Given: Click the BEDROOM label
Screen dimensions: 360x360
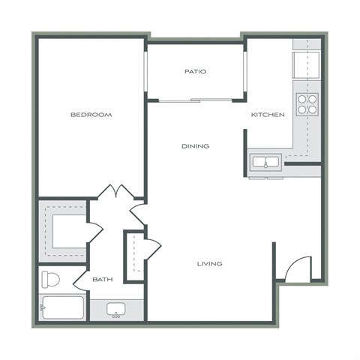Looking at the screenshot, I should pos(91,115).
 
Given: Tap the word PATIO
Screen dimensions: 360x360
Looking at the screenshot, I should pos(195,72).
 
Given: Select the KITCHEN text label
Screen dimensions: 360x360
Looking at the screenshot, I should pos(268,115).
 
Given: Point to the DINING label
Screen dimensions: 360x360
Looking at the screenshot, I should pos(195,146).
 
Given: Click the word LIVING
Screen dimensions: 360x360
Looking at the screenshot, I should pos(209,263).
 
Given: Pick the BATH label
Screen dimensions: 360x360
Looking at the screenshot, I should pos(102,280).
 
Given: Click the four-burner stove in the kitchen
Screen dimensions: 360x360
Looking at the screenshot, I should pos(306,103).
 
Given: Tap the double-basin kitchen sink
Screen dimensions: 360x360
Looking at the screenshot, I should pos(265,161).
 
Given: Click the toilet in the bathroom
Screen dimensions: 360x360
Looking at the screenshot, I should pos(51,281).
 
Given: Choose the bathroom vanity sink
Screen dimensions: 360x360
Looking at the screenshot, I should pos(115,309).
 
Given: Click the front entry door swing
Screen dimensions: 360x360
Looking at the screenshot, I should pos(298,268).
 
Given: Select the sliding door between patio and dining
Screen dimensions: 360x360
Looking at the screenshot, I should pos(195,100).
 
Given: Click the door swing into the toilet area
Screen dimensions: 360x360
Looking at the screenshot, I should pos(80,279).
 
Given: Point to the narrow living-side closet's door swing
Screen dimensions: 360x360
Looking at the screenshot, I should pos(151,248).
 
